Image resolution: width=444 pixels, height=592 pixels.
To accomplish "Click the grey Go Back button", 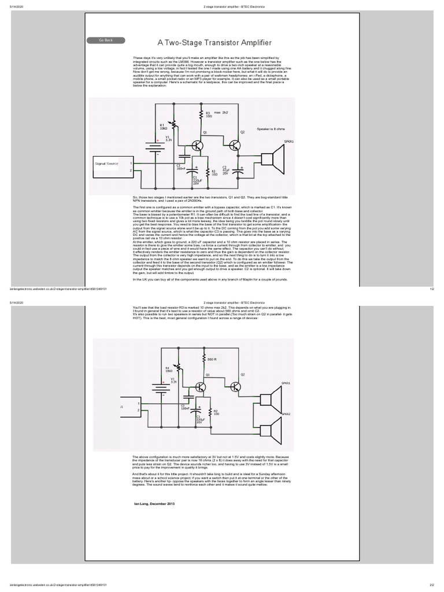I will [x=106, y=40].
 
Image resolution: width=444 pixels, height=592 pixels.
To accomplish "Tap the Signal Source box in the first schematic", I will [x=106, y=164].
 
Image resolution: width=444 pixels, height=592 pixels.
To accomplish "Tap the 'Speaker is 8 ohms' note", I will [x=271, y=131].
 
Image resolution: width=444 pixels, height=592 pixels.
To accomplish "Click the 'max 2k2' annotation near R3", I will [x=221, y=113].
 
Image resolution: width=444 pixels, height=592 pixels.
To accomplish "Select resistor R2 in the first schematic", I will [x=207, y=172].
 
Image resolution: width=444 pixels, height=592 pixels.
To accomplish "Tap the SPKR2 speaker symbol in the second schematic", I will [x=270, y=428].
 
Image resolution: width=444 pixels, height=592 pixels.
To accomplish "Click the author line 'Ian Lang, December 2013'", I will [x=154, y=504].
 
